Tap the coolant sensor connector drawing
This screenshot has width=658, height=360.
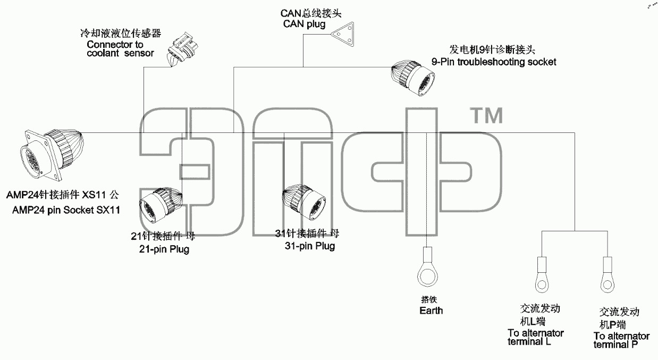183,49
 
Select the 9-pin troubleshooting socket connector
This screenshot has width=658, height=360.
413,78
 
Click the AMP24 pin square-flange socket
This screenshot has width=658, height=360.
51,154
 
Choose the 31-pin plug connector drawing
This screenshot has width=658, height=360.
303,202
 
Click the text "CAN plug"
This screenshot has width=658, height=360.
305,24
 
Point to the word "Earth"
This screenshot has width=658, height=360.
431,311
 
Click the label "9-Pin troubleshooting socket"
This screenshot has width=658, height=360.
494,62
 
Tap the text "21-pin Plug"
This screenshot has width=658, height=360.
164,249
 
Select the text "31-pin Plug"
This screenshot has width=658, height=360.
310,246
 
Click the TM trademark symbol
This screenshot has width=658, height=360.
486,115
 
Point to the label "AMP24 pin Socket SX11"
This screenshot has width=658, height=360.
66,210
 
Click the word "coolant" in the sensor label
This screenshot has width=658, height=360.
103,53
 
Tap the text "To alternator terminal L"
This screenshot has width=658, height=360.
536,337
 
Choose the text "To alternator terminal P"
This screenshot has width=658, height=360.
621,340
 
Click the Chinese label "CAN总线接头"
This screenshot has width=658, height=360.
311,13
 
